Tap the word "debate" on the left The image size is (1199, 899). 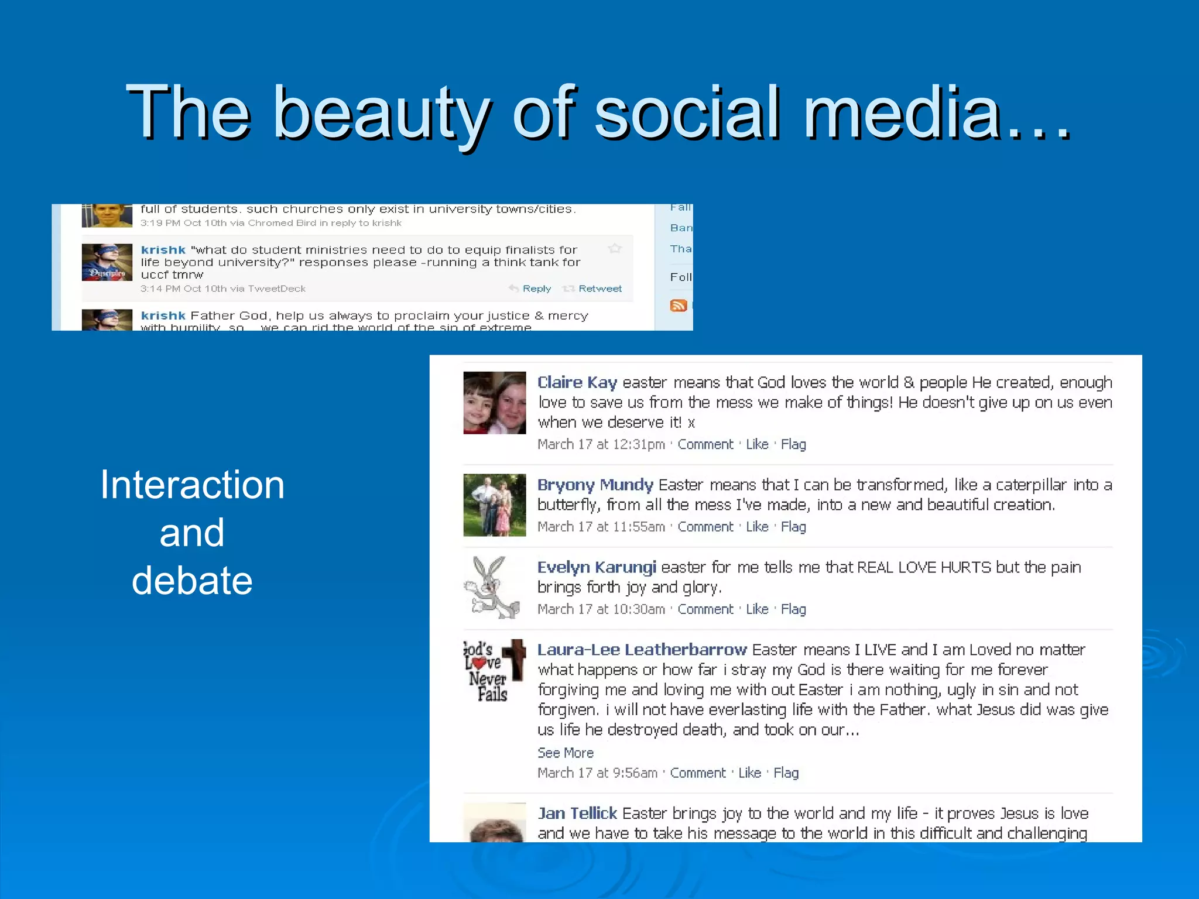[x=192, y=581]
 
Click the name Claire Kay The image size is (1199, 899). [x=577, y=382]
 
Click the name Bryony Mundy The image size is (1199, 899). [x=595, y=485]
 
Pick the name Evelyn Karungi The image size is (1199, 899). [x=597, y=567]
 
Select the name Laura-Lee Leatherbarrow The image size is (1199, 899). [x=642, y=650]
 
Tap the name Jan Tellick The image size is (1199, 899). [x=577, y=813]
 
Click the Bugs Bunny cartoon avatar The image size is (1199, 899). [x=493, y=587]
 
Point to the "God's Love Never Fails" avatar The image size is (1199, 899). [x=493, y=670]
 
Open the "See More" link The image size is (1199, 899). [x=565, y=753]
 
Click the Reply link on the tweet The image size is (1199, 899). [x=536, y=289]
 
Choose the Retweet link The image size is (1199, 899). [x=599, y=289]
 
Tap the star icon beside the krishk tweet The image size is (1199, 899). [x=615, y=249]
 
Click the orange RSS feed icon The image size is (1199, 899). [x=678, y=306]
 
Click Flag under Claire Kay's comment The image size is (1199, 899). [x=793, y=444]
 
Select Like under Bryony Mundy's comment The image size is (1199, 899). [x=756, y=527]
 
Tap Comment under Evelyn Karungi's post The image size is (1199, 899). [x=705, y=609]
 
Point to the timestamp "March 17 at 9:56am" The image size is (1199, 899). [x=597, y=773]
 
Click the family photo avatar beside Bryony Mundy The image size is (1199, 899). [x=494, y=505]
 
